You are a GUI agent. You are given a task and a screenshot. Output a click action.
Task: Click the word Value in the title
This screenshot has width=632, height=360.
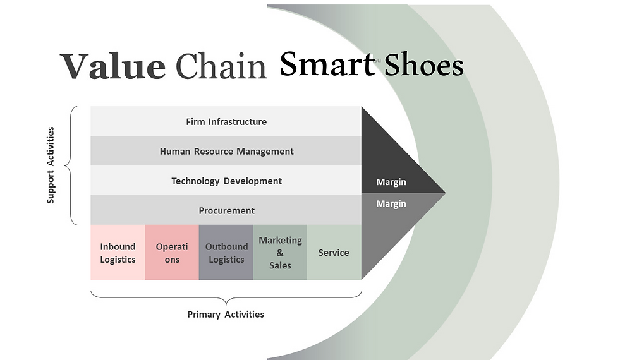[x=112, y=66]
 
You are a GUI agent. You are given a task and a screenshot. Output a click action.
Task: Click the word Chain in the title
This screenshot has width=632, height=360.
[x=221, y=66]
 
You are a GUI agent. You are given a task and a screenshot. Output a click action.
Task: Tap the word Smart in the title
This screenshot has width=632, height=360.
[x=327, y=64]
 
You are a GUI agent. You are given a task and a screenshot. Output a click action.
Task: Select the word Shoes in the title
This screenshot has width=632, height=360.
[x=424, y=64]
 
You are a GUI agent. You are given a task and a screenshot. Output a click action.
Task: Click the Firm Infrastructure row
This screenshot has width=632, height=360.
[x=226, y=121]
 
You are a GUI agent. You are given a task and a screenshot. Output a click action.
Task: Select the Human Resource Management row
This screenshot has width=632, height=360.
[x=226, y=151]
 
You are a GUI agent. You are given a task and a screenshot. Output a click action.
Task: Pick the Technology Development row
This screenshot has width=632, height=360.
[x=226, y=181]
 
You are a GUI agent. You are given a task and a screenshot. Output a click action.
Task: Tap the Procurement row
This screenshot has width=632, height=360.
[x=226, y=210]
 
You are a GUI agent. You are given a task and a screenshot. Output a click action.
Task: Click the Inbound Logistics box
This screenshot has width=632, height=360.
[x=118, y=253]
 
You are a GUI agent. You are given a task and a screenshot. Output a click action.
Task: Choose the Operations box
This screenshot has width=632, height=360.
[x=172, y=253]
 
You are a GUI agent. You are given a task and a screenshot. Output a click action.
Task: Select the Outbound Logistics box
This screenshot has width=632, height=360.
[x=226, y=253]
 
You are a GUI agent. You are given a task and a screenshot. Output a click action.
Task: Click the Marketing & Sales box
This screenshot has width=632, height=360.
[x=280, y=253]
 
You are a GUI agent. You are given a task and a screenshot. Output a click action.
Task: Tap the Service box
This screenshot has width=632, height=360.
[x=334, y=253]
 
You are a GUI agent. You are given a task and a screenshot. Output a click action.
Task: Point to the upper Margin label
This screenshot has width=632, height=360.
[x=391, y=182]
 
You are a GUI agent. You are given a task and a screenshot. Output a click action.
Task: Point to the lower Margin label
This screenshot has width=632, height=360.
[x=391, y=204]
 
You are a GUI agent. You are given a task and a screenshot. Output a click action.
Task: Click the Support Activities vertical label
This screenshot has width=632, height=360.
[x=51, y=165]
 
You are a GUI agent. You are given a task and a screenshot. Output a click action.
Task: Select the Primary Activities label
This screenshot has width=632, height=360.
[x=226, y=314]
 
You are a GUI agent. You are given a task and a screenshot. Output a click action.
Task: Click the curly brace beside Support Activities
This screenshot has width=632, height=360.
[x=72, y=165]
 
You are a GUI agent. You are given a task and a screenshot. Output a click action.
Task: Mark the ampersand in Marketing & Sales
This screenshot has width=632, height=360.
[x=280, y=253]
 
